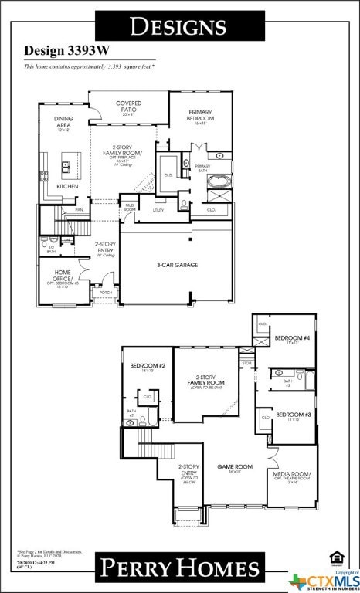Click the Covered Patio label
click(x=128, y=105)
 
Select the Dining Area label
click(x=63, y=121)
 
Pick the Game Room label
click(x=234, y=467)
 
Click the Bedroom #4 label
click(x=292, y=338)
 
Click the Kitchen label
click(x=67, y=186)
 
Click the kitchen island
click(x=68, y=166)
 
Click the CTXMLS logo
click(x=324, y=579)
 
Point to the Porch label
click(x=106, y=293)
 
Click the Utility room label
click(x=158, y=209)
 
